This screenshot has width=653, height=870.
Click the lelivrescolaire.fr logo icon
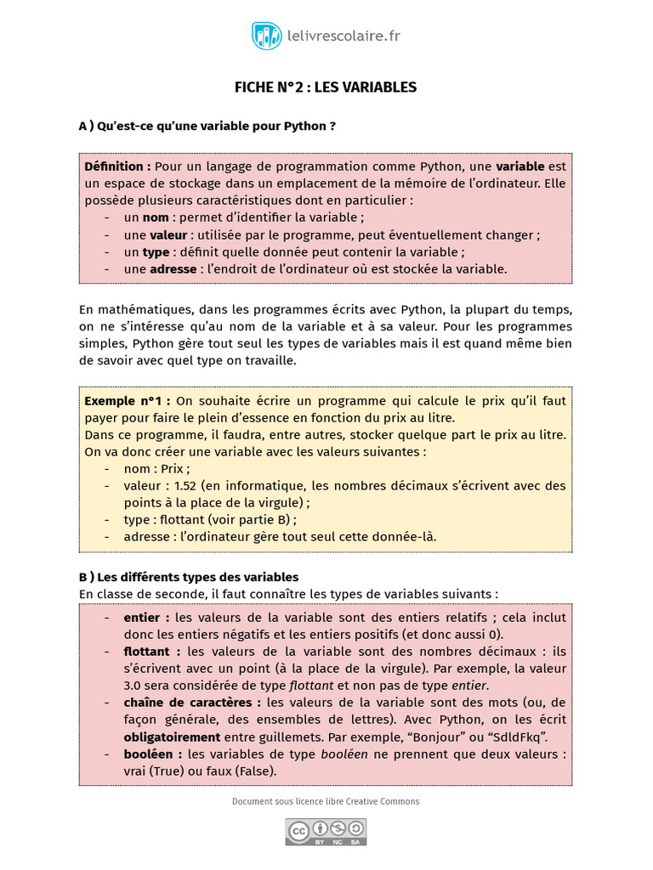coord(267,36)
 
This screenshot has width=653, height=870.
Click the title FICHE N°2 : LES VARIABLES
coord(326,88)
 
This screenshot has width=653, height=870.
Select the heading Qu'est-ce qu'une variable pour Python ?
coord(217,126)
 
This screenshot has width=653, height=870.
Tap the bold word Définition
coord(117,167)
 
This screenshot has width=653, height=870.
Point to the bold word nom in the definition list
coord(156,217)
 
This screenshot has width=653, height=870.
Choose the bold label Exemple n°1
coord(127,400)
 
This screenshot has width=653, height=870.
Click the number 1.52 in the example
coord(185,485)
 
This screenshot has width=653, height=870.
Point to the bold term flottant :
coord(152,652)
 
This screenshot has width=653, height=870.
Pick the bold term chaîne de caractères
coord(192,703)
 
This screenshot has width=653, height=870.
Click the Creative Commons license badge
coord(326,831)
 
